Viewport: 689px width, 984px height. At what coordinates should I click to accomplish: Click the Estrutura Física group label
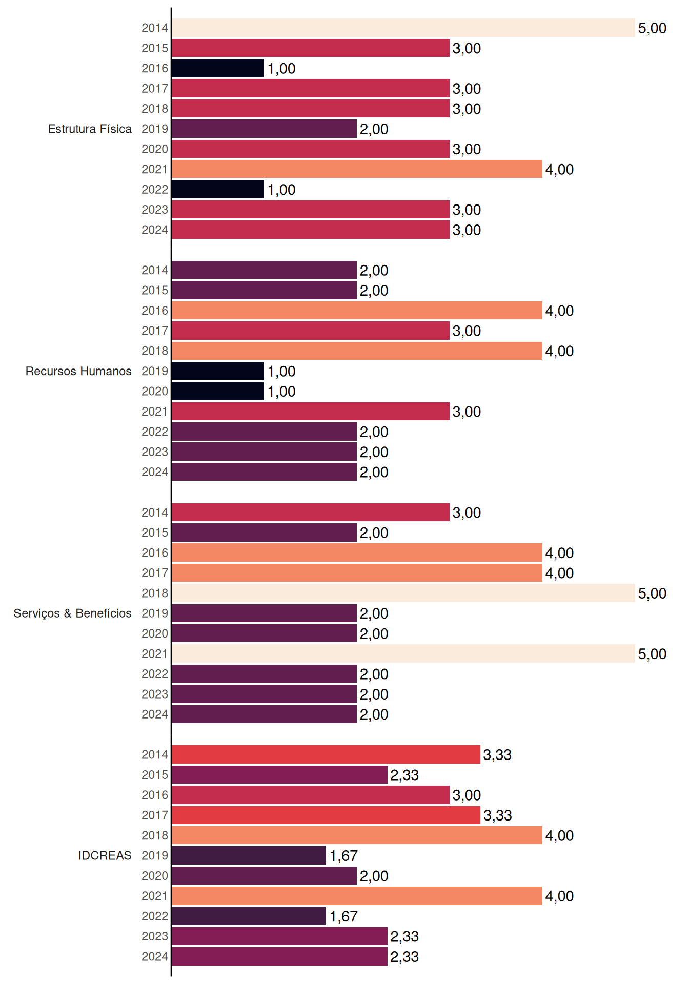click(90, 129)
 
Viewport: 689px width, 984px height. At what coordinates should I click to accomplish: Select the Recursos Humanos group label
click(78, 371)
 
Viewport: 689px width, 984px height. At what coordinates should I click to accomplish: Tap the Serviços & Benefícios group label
click(72, 613)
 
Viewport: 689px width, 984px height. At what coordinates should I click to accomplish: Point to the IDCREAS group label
click(105, 855)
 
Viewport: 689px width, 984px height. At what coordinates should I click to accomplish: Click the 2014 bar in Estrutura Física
click(403, 28)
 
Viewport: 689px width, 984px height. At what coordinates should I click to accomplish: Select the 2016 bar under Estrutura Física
click(218, 68)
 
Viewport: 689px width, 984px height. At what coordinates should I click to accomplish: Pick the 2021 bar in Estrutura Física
click(357, 169)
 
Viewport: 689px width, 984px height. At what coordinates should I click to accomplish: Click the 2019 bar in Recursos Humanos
click(218, 371)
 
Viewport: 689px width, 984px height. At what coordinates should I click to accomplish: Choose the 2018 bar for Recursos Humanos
click(357, 351)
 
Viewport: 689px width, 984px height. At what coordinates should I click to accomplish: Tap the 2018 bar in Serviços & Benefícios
click(403, 593)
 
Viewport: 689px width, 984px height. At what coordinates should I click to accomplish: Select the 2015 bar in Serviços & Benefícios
click(264, 532)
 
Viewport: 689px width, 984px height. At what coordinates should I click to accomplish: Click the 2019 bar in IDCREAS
click(249, 855)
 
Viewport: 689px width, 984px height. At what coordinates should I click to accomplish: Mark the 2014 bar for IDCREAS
click(326, 754)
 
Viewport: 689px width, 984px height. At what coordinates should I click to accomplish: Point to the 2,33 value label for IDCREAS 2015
click(404, 775)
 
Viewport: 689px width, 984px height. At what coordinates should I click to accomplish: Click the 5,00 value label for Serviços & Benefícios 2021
click(652, 654)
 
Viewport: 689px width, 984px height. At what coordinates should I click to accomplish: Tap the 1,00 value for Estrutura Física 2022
click(281, 190)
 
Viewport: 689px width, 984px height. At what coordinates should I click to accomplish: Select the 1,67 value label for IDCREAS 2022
click(343, 916)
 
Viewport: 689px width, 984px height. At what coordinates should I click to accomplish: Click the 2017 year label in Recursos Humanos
click(155, 331)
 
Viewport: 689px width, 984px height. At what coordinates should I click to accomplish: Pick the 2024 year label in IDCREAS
click(155, 956)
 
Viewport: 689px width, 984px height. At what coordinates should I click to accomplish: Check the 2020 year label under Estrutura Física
click(155, 149)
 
